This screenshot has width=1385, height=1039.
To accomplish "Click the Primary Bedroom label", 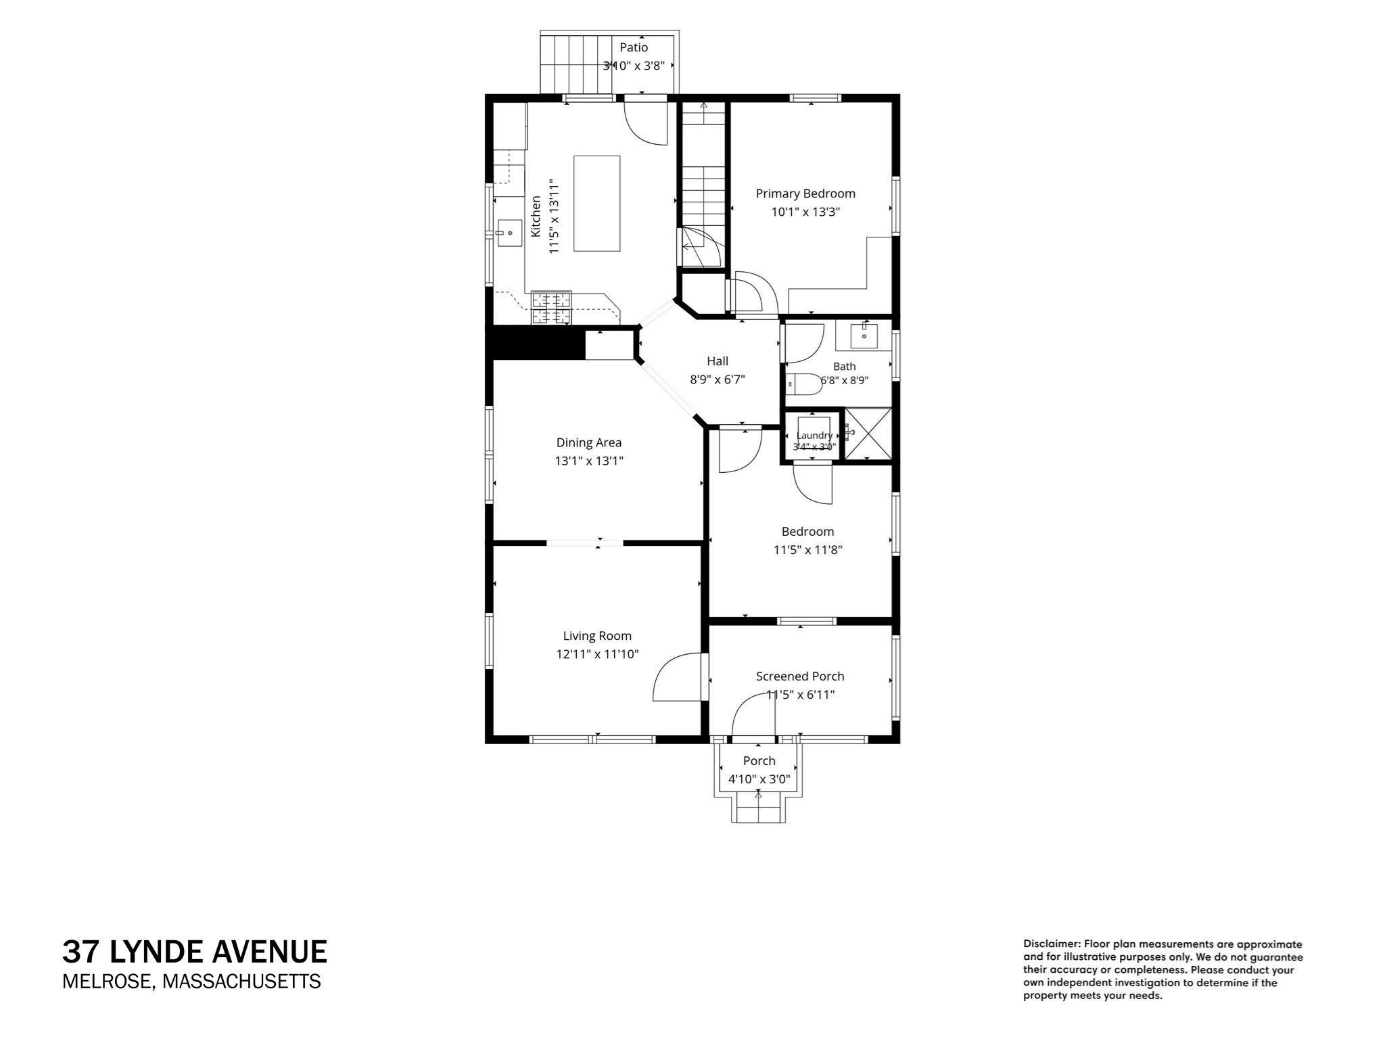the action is click(x=805, y=193).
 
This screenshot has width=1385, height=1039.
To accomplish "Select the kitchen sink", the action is click(x=510, y=233).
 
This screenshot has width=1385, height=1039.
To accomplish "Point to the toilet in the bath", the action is click(x=802, y=384).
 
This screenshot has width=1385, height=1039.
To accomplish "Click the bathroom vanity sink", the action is click(x=864, y=334).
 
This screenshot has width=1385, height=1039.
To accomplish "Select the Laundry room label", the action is click(x=814, y=436).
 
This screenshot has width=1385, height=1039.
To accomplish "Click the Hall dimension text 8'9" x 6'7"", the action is click(x=718, y=379).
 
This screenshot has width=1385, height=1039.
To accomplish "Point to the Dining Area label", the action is click(x=589, y=442).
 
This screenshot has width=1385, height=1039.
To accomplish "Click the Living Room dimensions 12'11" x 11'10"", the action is click(x=598, y=654).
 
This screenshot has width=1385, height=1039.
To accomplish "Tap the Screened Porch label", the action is click(x=800, y=676).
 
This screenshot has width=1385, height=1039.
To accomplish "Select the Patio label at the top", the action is click(x=634, y=47).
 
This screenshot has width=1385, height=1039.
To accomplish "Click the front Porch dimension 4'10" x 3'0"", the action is click(x=759, y=779).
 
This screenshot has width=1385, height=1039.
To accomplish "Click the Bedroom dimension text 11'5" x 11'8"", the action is click(x=807, y=550).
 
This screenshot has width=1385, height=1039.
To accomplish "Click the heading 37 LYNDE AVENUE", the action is click(x=195, y=952).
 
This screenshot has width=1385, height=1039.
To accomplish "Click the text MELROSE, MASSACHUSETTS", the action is click(x=191, y=982).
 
